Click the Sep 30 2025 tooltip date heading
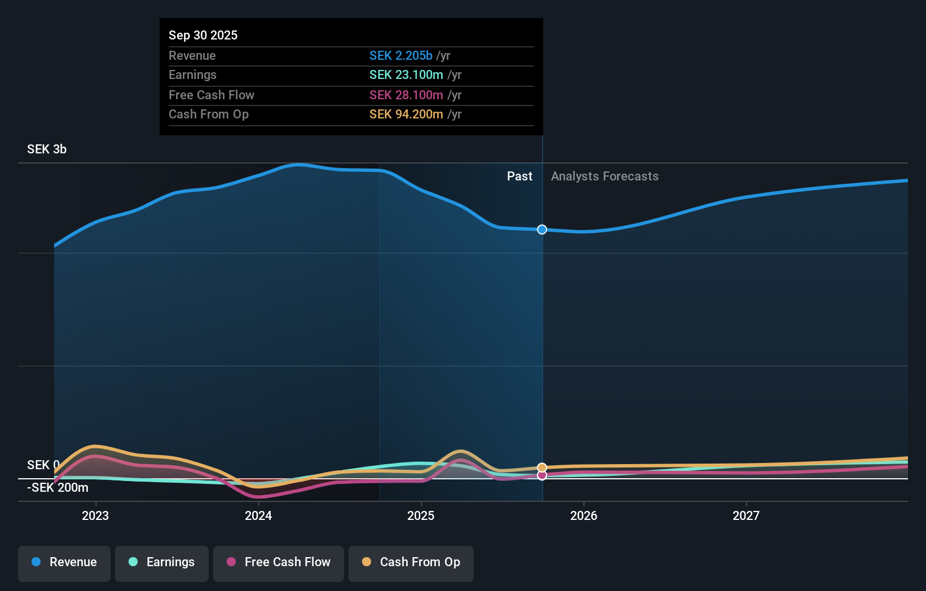203,35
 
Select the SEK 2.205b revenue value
400,55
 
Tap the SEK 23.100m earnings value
406,74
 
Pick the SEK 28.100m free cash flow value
406,95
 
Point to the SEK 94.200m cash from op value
406,114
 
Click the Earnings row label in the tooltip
192,74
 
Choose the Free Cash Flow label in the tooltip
211,95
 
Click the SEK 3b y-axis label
47,149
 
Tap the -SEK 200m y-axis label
58,487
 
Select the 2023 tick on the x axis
95,515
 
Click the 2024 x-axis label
258,515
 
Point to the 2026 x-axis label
584,515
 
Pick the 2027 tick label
746,515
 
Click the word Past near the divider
519,176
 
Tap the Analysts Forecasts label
605,176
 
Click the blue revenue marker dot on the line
542,230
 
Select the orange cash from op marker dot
542,467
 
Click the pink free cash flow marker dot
542,475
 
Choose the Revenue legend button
64,562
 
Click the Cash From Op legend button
411,562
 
